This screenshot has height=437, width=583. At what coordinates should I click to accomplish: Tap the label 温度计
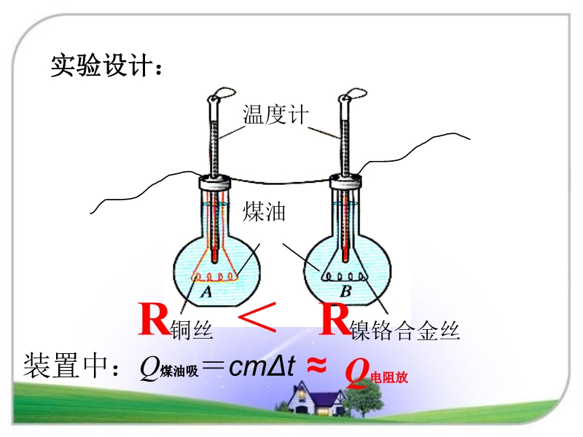pyautogui.click(x=276, y=115)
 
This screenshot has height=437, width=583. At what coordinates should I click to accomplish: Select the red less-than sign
pyautogui.click(x=257, y=320)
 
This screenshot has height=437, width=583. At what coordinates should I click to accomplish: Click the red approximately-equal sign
pyautogui.click(x=316, y=366)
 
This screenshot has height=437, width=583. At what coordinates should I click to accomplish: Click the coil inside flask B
pyautogui.click(x=345, y=276)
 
